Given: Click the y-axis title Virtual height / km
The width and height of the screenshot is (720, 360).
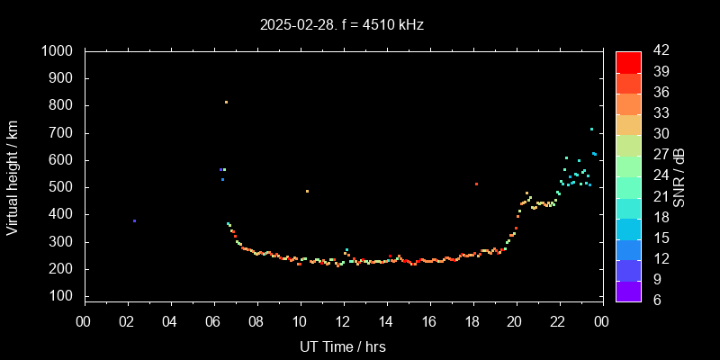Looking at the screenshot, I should point(13,176).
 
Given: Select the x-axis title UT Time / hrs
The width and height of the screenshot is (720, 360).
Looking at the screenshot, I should point(343,346).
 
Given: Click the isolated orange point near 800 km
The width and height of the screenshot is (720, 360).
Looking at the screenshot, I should point(226,102).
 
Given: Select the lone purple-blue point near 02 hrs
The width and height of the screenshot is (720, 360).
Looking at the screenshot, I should point(134,220).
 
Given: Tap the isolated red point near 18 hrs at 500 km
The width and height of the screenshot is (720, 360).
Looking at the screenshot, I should point(476,184).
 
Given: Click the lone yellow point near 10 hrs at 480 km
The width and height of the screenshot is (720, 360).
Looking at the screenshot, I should point(307,191).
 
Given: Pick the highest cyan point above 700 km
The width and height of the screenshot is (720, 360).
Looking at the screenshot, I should point(591,129).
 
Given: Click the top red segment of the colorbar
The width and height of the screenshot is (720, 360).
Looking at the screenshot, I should point(628,61).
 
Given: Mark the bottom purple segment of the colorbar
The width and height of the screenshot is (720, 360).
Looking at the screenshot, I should point(628,291).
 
